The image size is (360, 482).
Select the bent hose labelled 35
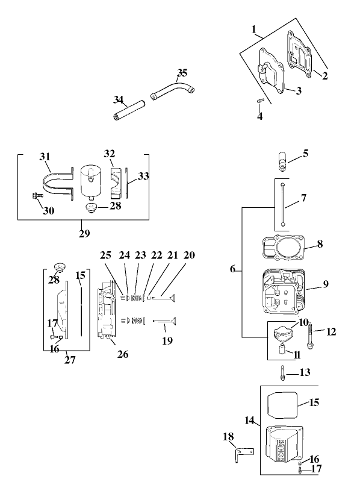[x=172, y=91]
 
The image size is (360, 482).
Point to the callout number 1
[x=254, y=29]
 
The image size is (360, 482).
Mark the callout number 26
[x=123, y=354]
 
